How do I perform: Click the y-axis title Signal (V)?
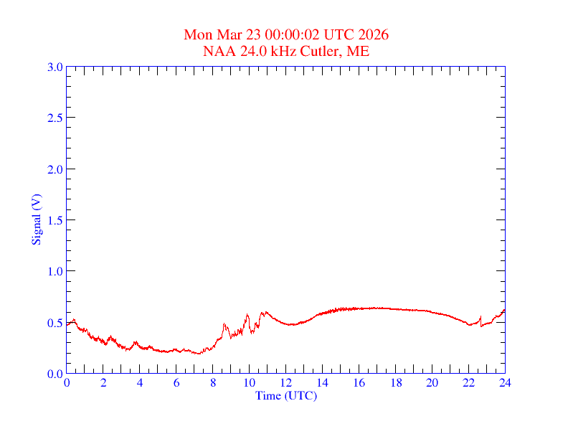(36, 219)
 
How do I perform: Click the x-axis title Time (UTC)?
(285, 395)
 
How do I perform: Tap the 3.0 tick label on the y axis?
(55, 67)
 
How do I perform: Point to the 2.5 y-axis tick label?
(55, 118)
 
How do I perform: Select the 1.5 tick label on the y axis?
(55, 220)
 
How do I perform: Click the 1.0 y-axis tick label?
(55, 271)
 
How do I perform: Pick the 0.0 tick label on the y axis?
(55, 374)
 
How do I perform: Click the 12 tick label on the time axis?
(285, 384)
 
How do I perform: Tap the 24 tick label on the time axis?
(505, 384)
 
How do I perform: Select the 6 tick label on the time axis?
(176, 384)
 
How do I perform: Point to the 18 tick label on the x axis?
(395, 384)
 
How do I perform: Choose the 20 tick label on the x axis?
(432, 384)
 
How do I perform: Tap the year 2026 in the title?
(375, 35)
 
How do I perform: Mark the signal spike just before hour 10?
(247, 314)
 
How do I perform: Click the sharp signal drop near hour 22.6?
(481, 326)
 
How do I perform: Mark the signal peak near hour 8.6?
(224, 324)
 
